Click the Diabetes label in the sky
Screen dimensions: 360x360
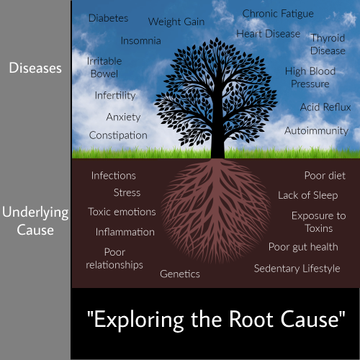click(108, 18)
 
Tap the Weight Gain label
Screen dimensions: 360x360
click(176, 22)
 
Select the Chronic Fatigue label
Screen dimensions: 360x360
click(278, 14)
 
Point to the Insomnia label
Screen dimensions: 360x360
click(141, 41)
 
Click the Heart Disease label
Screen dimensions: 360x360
click(269, 34)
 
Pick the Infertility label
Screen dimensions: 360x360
click(115, 96)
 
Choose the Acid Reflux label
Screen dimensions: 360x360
click(325, 107)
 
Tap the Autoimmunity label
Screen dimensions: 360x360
click(316, 131)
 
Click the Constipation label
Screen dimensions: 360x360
click(118, 135)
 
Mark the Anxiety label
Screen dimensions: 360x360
click(123, 117)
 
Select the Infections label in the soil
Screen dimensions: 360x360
click(114, 176)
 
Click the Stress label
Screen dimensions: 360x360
click(127, 193)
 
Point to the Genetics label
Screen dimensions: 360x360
click(180, 274)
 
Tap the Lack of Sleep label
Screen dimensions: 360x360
click(308, 195)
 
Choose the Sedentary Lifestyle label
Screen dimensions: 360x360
click(297, 269)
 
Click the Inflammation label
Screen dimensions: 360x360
click(125, 232)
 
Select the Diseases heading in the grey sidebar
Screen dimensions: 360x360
click(35, 68)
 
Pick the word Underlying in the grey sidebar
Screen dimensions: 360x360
click(35, 213)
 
